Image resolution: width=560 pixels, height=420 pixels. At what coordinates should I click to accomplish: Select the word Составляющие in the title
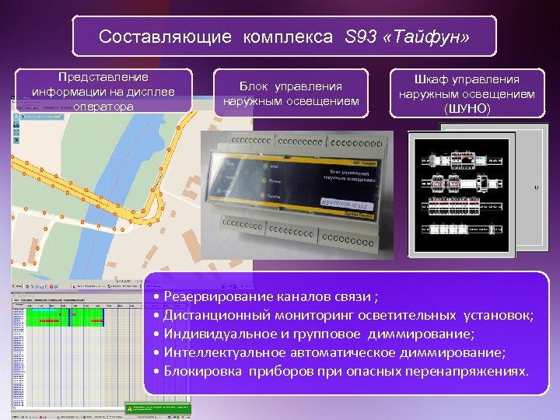click(x=165, y=37)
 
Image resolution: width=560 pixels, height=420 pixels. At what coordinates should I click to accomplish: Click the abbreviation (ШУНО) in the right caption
click(x=467, y=109)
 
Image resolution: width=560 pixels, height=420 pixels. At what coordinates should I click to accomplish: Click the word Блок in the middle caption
click(x=254, y=86)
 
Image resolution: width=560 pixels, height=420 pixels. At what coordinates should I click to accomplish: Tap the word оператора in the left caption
click(x=103, y=107)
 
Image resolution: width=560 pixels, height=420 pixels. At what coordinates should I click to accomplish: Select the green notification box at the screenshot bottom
click(x=158, y=407)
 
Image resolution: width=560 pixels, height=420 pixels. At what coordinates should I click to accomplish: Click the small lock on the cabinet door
click(x=535, y=187)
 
